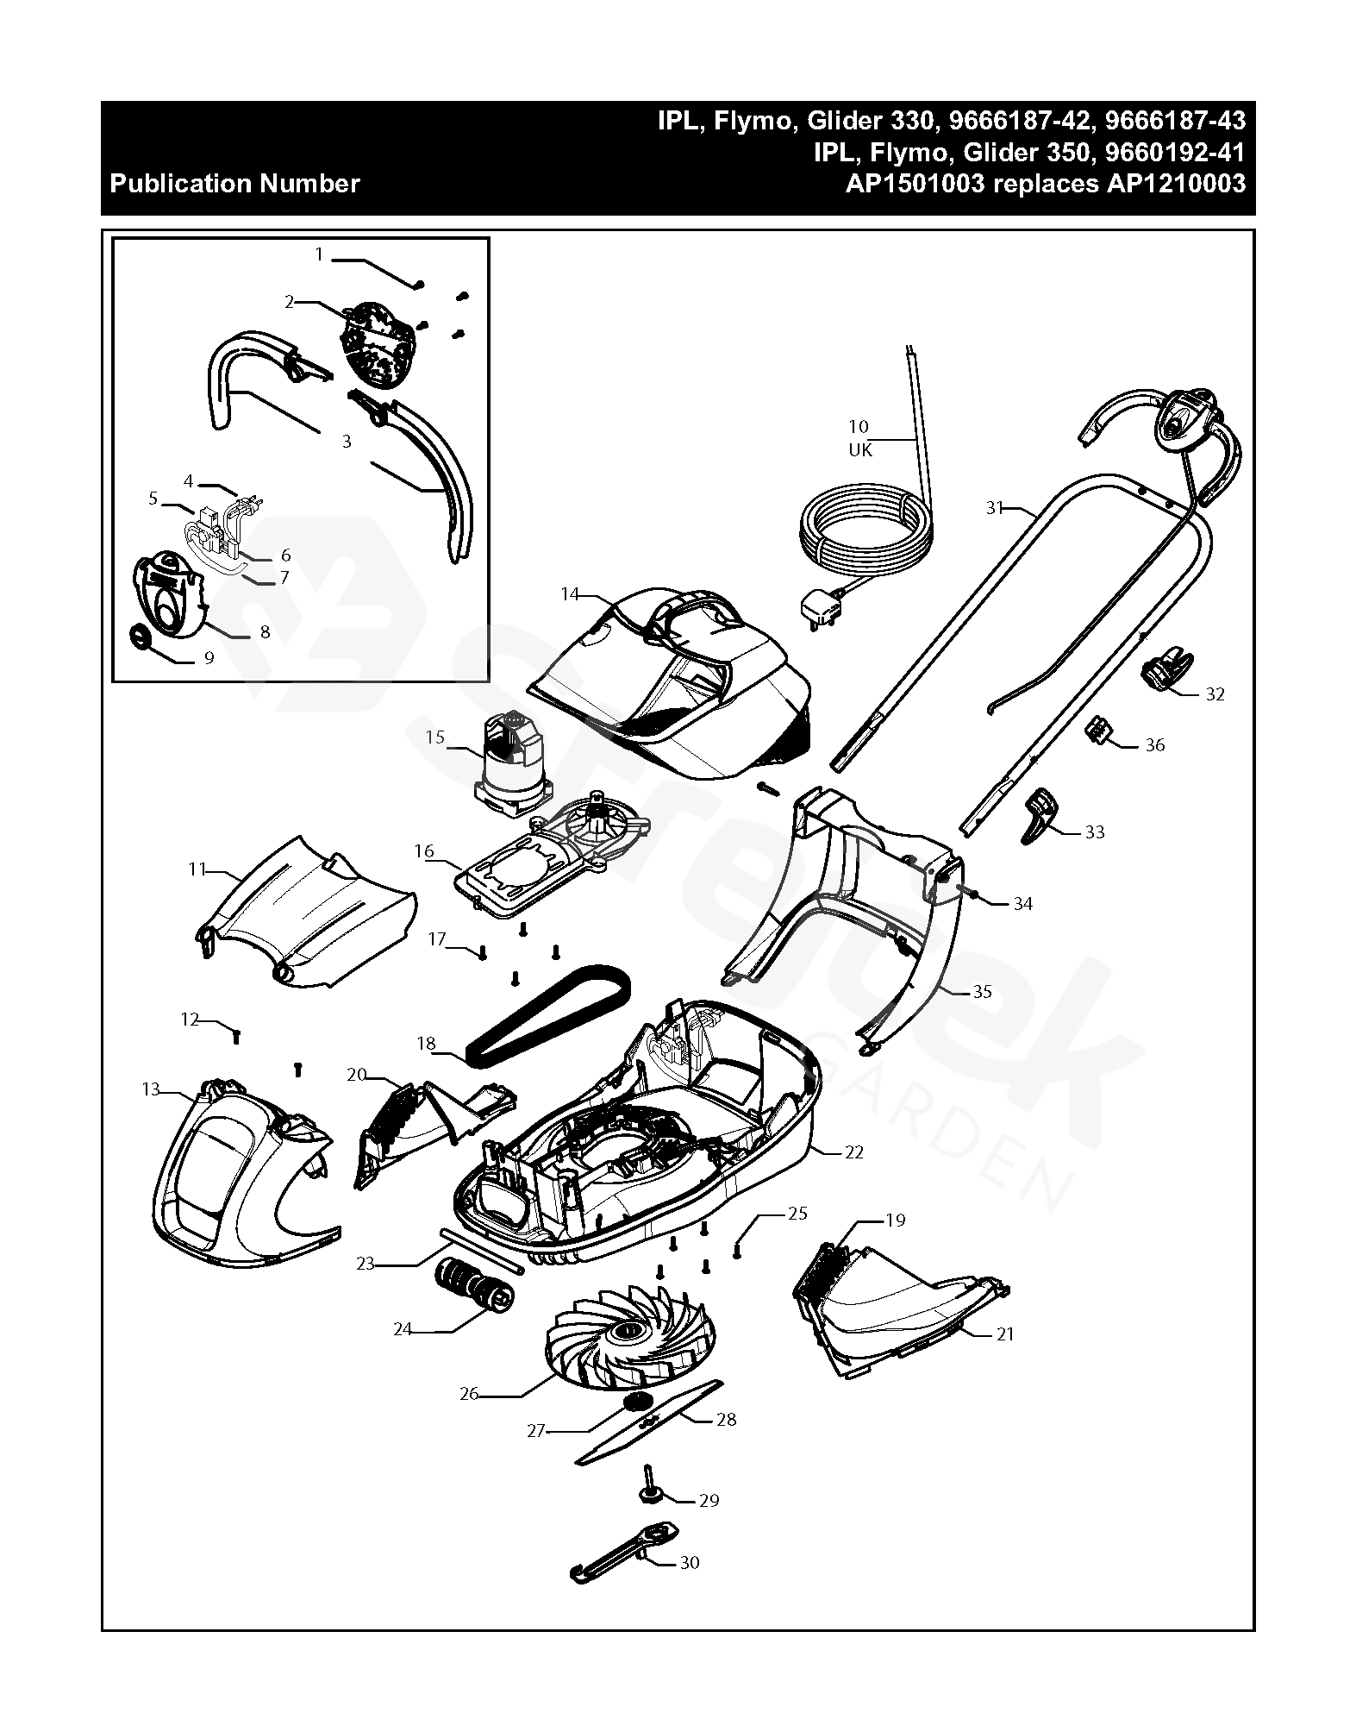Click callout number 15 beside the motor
click(435, 737)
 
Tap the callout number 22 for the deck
click(853, 1152)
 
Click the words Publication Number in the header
click(235, 184)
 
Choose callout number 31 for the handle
click(996, 508)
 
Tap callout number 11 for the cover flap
click(197, 869)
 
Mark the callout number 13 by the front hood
click(151, 1089)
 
